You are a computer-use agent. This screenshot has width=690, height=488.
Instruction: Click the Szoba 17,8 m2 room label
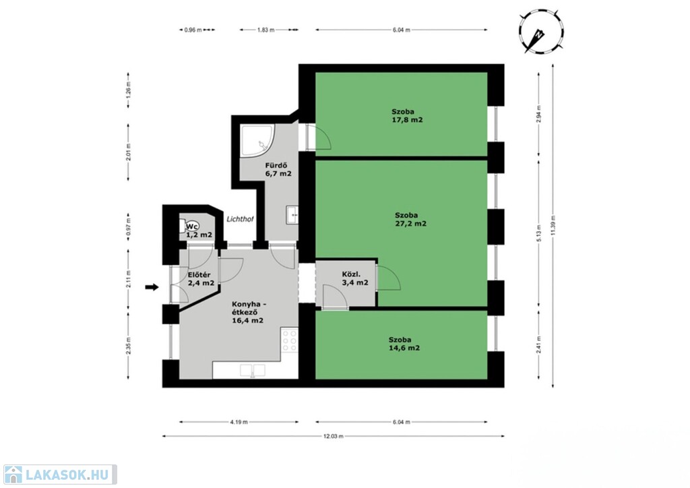[407, 116]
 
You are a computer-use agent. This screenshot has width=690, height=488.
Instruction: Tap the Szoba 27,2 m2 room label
[410, 219]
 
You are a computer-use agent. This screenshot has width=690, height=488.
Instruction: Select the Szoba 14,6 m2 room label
[404, 344]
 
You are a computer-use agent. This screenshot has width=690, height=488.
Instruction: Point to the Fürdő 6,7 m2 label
[278, 169]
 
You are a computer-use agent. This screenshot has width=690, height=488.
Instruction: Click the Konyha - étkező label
[249, 312]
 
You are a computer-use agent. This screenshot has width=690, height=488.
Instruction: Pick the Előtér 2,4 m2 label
[201, 279]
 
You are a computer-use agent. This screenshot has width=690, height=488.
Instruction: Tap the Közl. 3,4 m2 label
[355, 278]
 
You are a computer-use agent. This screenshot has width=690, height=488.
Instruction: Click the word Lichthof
[240, 218]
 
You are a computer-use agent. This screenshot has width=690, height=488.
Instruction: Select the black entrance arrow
[152, 287]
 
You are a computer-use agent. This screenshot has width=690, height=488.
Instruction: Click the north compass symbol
[541, 33]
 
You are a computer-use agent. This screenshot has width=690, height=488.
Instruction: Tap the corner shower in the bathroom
[257, 140]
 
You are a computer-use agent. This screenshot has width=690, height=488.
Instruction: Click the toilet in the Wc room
[187, 226]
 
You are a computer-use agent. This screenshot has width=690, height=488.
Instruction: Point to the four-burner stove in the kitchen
[290, 340]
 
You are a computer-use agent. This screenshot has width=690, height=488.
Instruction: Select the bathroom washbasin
[292, 215]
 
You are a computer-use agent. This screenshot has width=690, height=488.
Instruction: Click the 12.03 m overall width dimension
[334, 436]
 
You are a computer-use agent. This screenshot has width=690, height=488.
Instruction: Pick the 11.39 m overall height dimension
[553, 225]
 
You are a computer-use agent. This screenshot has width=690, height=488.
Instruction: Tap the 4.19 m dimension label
[239, 422]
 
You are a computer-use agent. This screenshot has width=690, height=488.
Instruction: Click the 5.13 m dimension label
[539, 233]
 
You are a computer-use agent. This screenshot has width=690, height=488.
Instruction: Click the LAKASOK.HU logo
[60, 475]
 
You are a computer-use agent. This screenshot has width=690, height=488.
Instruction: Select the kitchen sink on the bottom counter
[253, 371]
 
